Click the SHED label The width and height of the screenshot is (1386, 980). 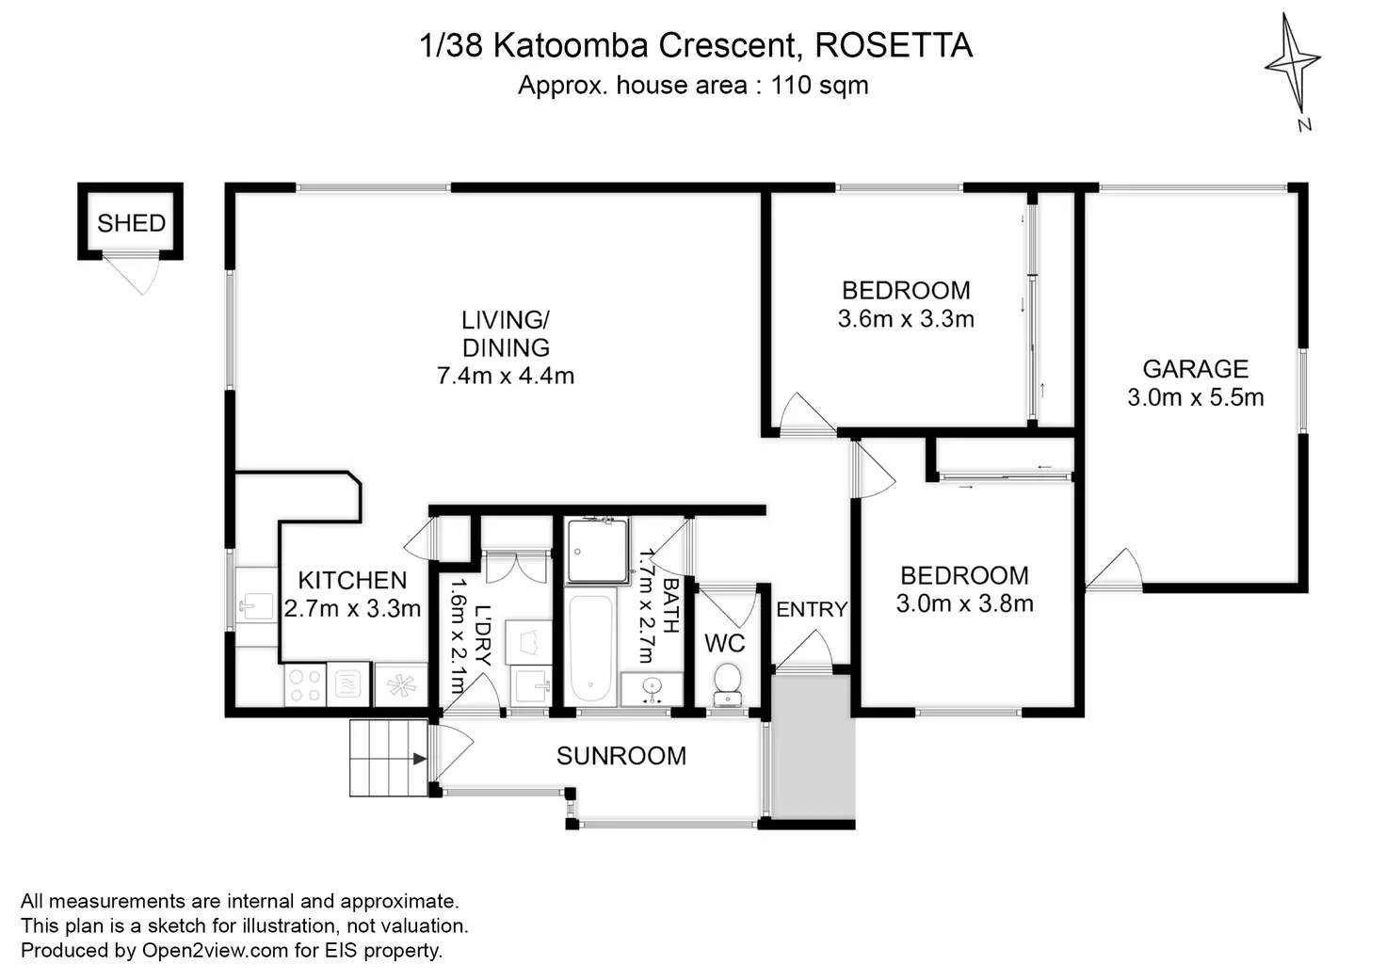click(x=131, y=223)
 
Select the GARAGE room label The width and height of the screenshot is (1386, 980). click(x=1195, y=369)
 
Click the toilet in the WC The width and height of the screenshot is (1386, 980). click(x=727, y=684)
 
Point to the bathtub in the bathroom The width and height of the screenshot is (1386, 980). click(x=590, y=648)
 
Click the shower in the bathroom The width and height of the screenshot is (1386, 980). click(x=597, y=550)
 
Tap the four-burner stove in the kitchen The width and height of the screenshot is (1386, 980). click(x=304, y=684)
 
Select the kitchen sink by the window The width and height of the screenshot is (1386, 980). click(x=254, y=605)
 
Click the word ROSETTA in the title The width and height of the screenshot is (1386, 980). click(x=893, y=45)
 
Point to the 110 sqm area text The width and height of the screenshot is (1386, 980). click(x=819, y=86)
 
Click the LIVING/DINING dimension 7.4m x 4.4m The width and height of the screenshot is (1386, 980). click(x=505, y=376)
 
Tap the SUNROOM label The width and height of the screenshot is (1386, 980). click(x=620, y=756)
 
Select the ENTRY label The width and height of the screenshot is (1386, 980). click(x=811, y=610)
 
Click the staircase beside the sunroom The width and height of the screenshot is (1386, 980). click(x=388, y=758)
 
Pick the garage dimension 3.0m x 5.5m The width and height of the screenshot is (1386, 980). click(x=1195, y=397)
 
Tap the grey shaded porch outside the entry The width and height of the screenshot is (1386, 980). click(x=813, y=748)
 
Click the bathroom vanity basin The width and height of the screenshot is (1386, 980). click(x=652, y=688)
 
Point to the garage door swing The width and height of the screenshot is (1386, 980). click(x=1116, y=570)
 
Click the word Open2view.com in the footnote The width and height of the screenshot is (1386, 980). click(x=215, y=951)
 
